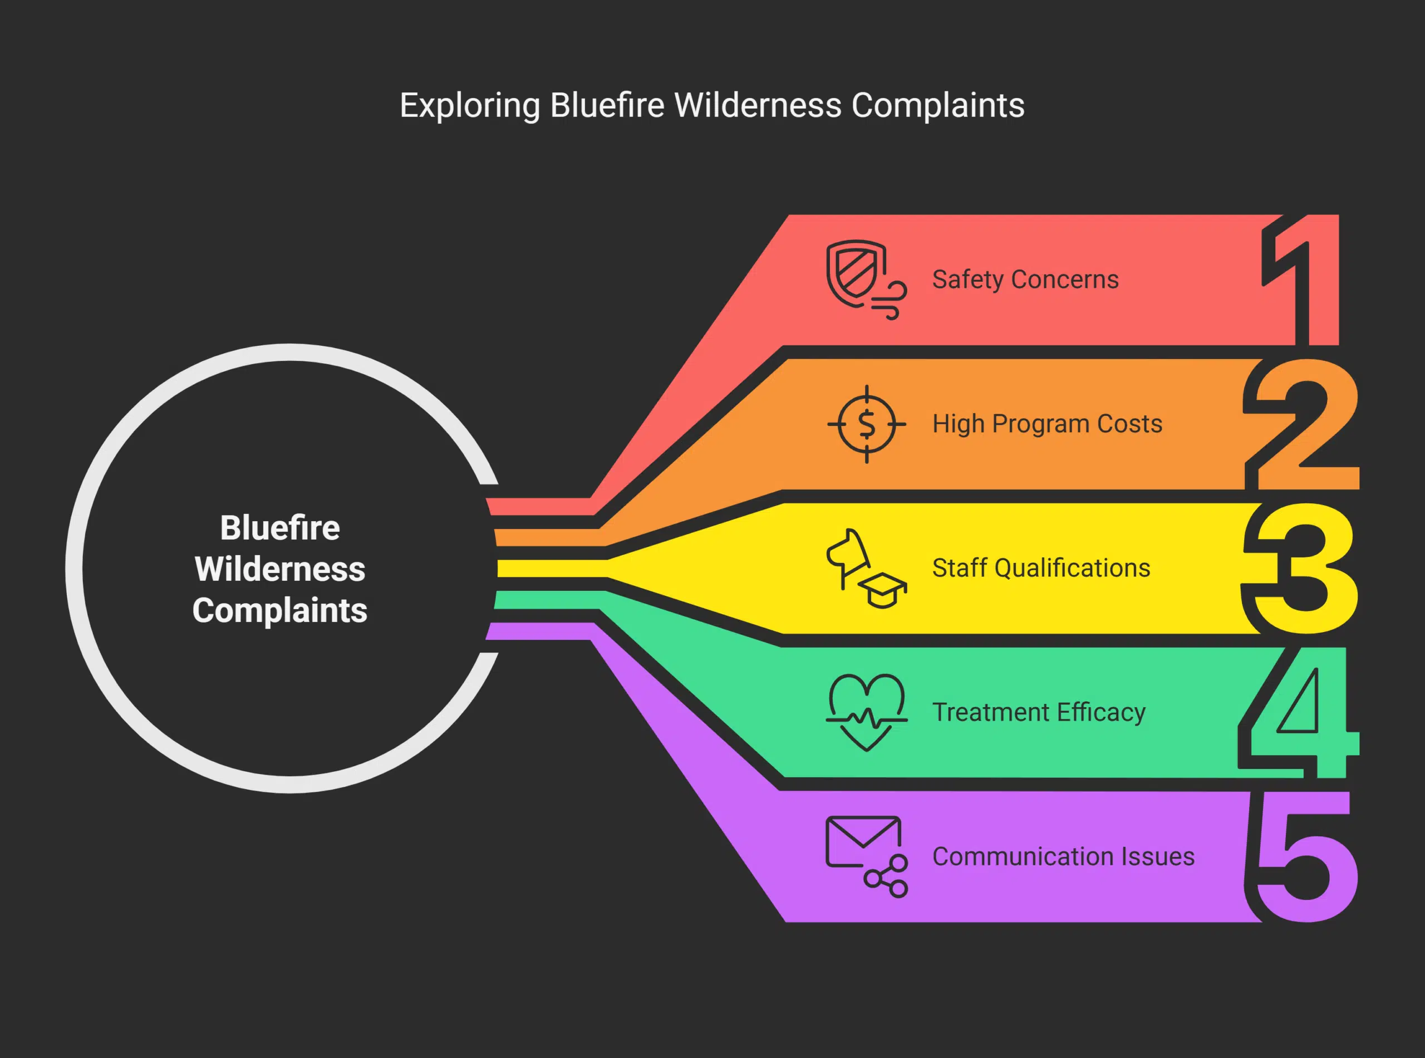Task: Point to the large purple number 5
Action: click(x=1306, y=858)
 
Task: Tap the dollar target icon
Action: click(x=866, y=424)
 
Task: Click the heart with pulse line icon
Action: click(x=866, y=711)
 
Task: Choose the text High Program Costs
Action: click(x=1046, y=424)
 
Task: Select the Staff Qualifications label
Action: click(x=1041, y=568)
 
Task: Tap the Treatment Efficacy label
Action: click(x=1038, y=712)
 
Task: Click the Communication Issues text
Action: click(x=1063, y=857)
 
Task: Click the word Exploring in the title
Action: click(x=469, y=106)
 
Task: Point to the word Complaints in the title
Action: click(x=937, y=106)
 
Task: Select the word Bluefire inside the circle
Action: click(x=280, y=528)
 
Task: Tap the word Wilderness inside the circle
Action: click(x=280, y=569)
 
